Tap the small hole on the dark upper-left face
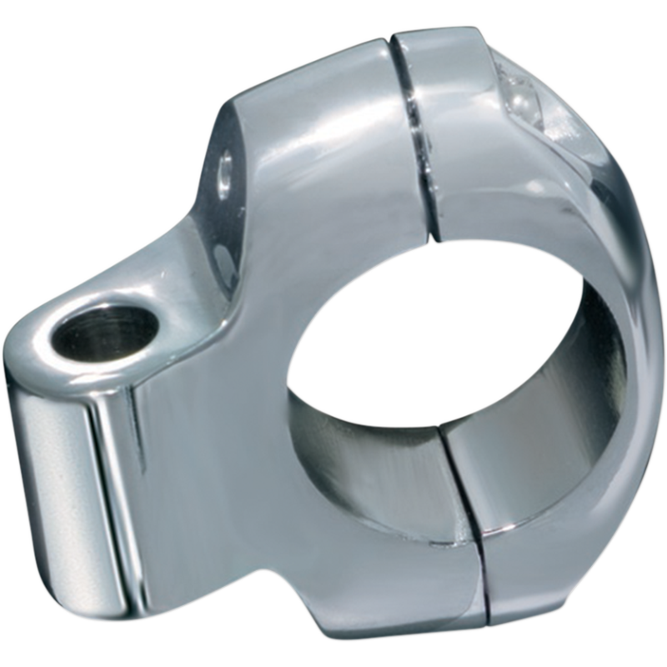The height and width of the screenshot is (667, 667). coord(225,173)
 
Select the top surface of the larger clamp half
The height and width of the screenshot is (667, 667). coord(308,108)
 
